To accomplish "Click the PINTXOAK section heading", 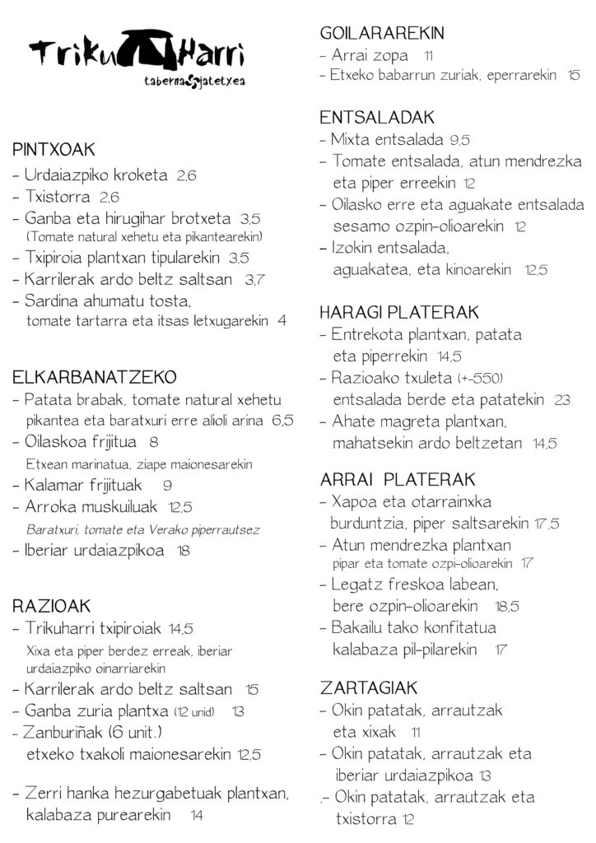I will [x=54, y=150].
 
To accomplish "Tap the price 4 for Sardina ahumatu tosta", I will [x=282, y=321].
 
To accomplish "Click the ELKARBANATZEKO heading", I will [x=95, y=378].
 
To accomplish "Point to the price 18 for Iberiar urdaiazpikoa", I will [x=184, y=550].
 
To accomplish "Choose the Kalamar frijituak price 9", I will [x=167, y=486].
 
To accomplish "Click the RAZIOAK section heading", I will [x=51, y=607].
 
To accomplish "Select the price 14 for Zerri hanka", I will [x=197, y=816].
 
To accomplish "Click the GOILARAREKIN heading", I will [x=382, y=34].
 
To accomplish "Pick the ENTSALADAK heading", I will [x=377, y=118].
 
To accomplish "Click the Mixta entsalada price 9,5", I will [x=460, y=140].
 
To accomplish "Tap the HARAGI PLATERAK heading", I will [x=399, y=313].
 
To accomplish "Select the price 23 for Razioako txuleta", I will [x=562, y=400].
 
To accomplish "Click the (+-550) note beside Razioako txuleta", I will [x=479, y=379].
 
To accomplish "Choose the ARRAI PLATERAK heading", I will [x=398, y=479].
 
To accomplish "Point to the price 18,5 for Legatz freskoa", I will [x=507, y=607].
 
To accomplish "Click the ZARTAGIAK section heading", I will [x=370, y=687].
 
